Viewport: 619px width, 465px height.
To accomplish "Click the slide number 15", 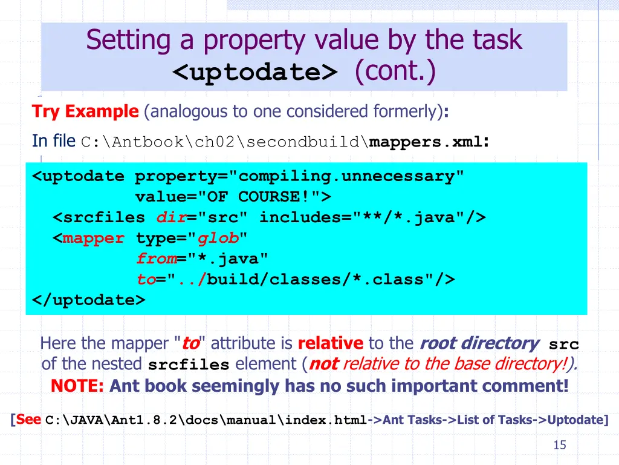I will tap(560, 445).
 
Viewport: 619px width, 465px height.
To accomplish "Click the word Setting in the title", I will tap(120, 41).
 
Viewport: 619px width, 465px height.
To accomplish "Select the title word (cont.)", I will tap(395, 71).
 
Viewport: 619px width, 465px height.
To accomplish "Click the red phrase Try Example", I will tap(85, 111).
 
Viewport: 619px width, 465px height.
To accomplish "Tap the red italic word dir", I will tap(171, 217).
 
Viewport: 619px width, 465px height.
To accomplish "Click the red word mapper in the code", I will tap(94, 238).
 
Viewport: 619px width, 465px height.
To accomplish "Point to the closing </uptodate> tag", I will tap(89, 300).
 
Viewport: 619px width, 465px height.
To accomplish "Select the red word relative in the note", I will tap(331, 344).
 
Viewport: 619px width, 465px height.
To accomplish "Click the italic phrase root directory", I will tap(479, 344).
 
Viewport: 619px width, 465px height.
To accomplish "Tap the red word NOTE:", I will tap(77, 386).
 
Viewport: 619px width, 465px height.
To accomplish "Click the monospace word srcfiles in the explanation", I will tap(189, 365).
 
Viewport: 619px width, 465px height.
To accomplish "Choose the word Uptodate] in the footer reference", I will tap(577, 420).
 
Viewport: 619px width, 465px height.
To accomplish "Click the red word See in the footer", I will tap(28, 419).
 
